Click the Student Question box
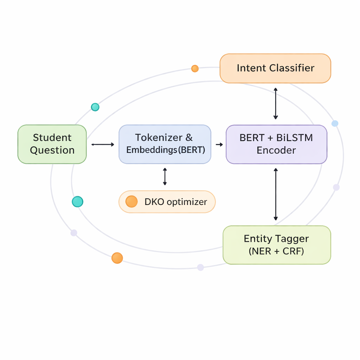pyautogui.click(x=52, y=144)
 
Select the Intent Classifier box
pyautogui.click(x=275, y=68)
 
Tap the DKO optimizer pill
pyautogui.click(x=167, y=202)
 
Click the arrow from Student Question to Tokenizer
pyautogui.click(x=103, y=144)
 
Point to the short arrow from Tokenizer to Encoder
pyautogui.click(x=219, y=144)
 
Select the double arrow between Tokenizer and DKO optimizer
pyautogui.click(x=165, y=176)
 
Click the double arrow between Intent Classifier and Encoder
pyautogui.click(x=276, y=104)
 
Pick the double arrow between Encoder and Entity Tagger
pyautogui.click(x=276, y=194)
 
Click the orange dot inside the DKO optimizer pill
pyautogui.click(x=131, y=201)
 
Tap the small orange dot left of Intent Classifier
pyautogui.click(x=195, y=69)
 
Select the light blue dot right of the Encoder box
pyautogui.click(x=335, y=123)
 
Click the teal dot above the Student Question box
pyautogui.click(x=95, y=107)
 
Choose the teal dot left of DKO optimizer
pyautogui.click(x=77, y=201)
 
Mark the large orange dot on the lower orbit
pyautogui.click(x=117, y=258)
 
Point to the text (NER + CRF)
pyautogui.click(x=276, y=251)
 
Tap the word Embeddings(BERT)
pyautogui.click(x=165, y=150)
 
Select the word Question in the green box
pyautogui.click(x=52, y=150)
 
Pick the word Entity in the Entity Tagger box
pyautogui.click(x=258, y=239)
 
